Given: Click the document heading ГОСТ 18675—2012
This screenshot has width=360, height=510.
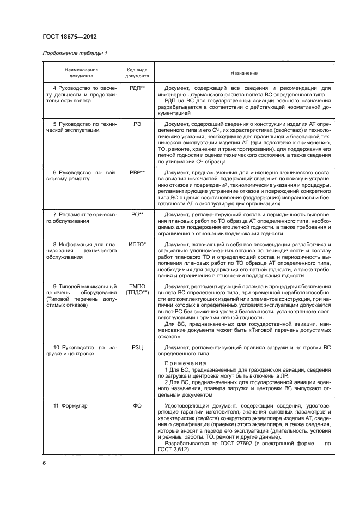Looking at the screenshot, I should pyautogui.click(x=66, y=37).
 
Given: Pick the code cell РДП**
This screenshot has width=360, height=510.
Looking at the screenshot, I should pyautogui.click(x=137, y=87).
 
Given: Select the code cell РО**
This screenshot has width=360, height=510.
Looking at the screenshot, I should pyautogui.click(x=137, y=215).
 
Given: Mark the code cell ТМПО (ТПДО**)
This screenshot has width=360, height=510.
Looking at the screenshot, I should pyautogui.click(x=137, y=289).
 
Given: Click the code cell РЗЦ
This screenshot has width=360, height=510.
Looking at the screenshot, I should pyautogui.click(x=137, y=347).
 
